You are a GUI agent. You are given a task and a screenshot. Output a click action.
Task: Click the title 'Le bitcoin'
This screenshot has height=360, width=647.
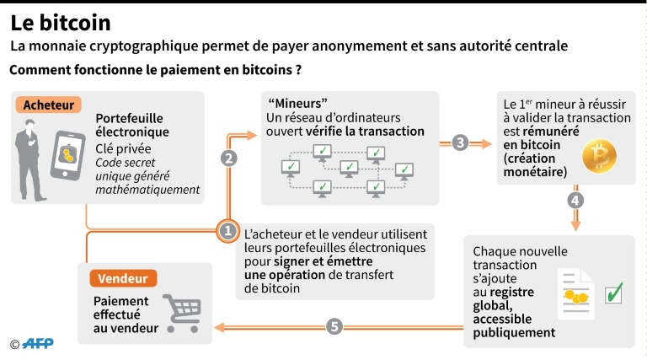60,22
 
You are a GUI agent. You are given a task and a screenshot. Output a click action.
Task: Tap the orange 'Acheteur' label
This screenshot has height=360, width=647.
47,105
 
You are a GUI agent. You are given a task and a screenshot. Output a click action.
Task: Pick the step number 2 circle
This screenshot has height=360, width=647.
228,158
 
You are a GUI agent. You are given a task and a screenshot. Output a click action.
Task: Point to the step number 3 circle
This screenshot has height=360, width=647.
460,142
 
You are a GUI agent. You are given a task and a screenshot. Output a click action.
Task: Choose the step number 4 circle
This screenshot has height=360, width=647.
576,201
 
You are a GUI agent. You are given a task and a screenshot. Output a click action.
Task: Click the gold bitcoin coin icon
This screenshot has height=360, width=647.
601,156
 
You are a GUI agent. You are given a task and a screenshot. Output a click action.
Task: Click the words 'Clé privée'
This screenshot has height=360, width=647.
120,148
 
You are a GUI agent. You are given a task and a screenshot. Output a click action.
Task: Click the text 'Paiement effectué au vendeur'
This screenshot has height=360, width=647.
125,314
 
